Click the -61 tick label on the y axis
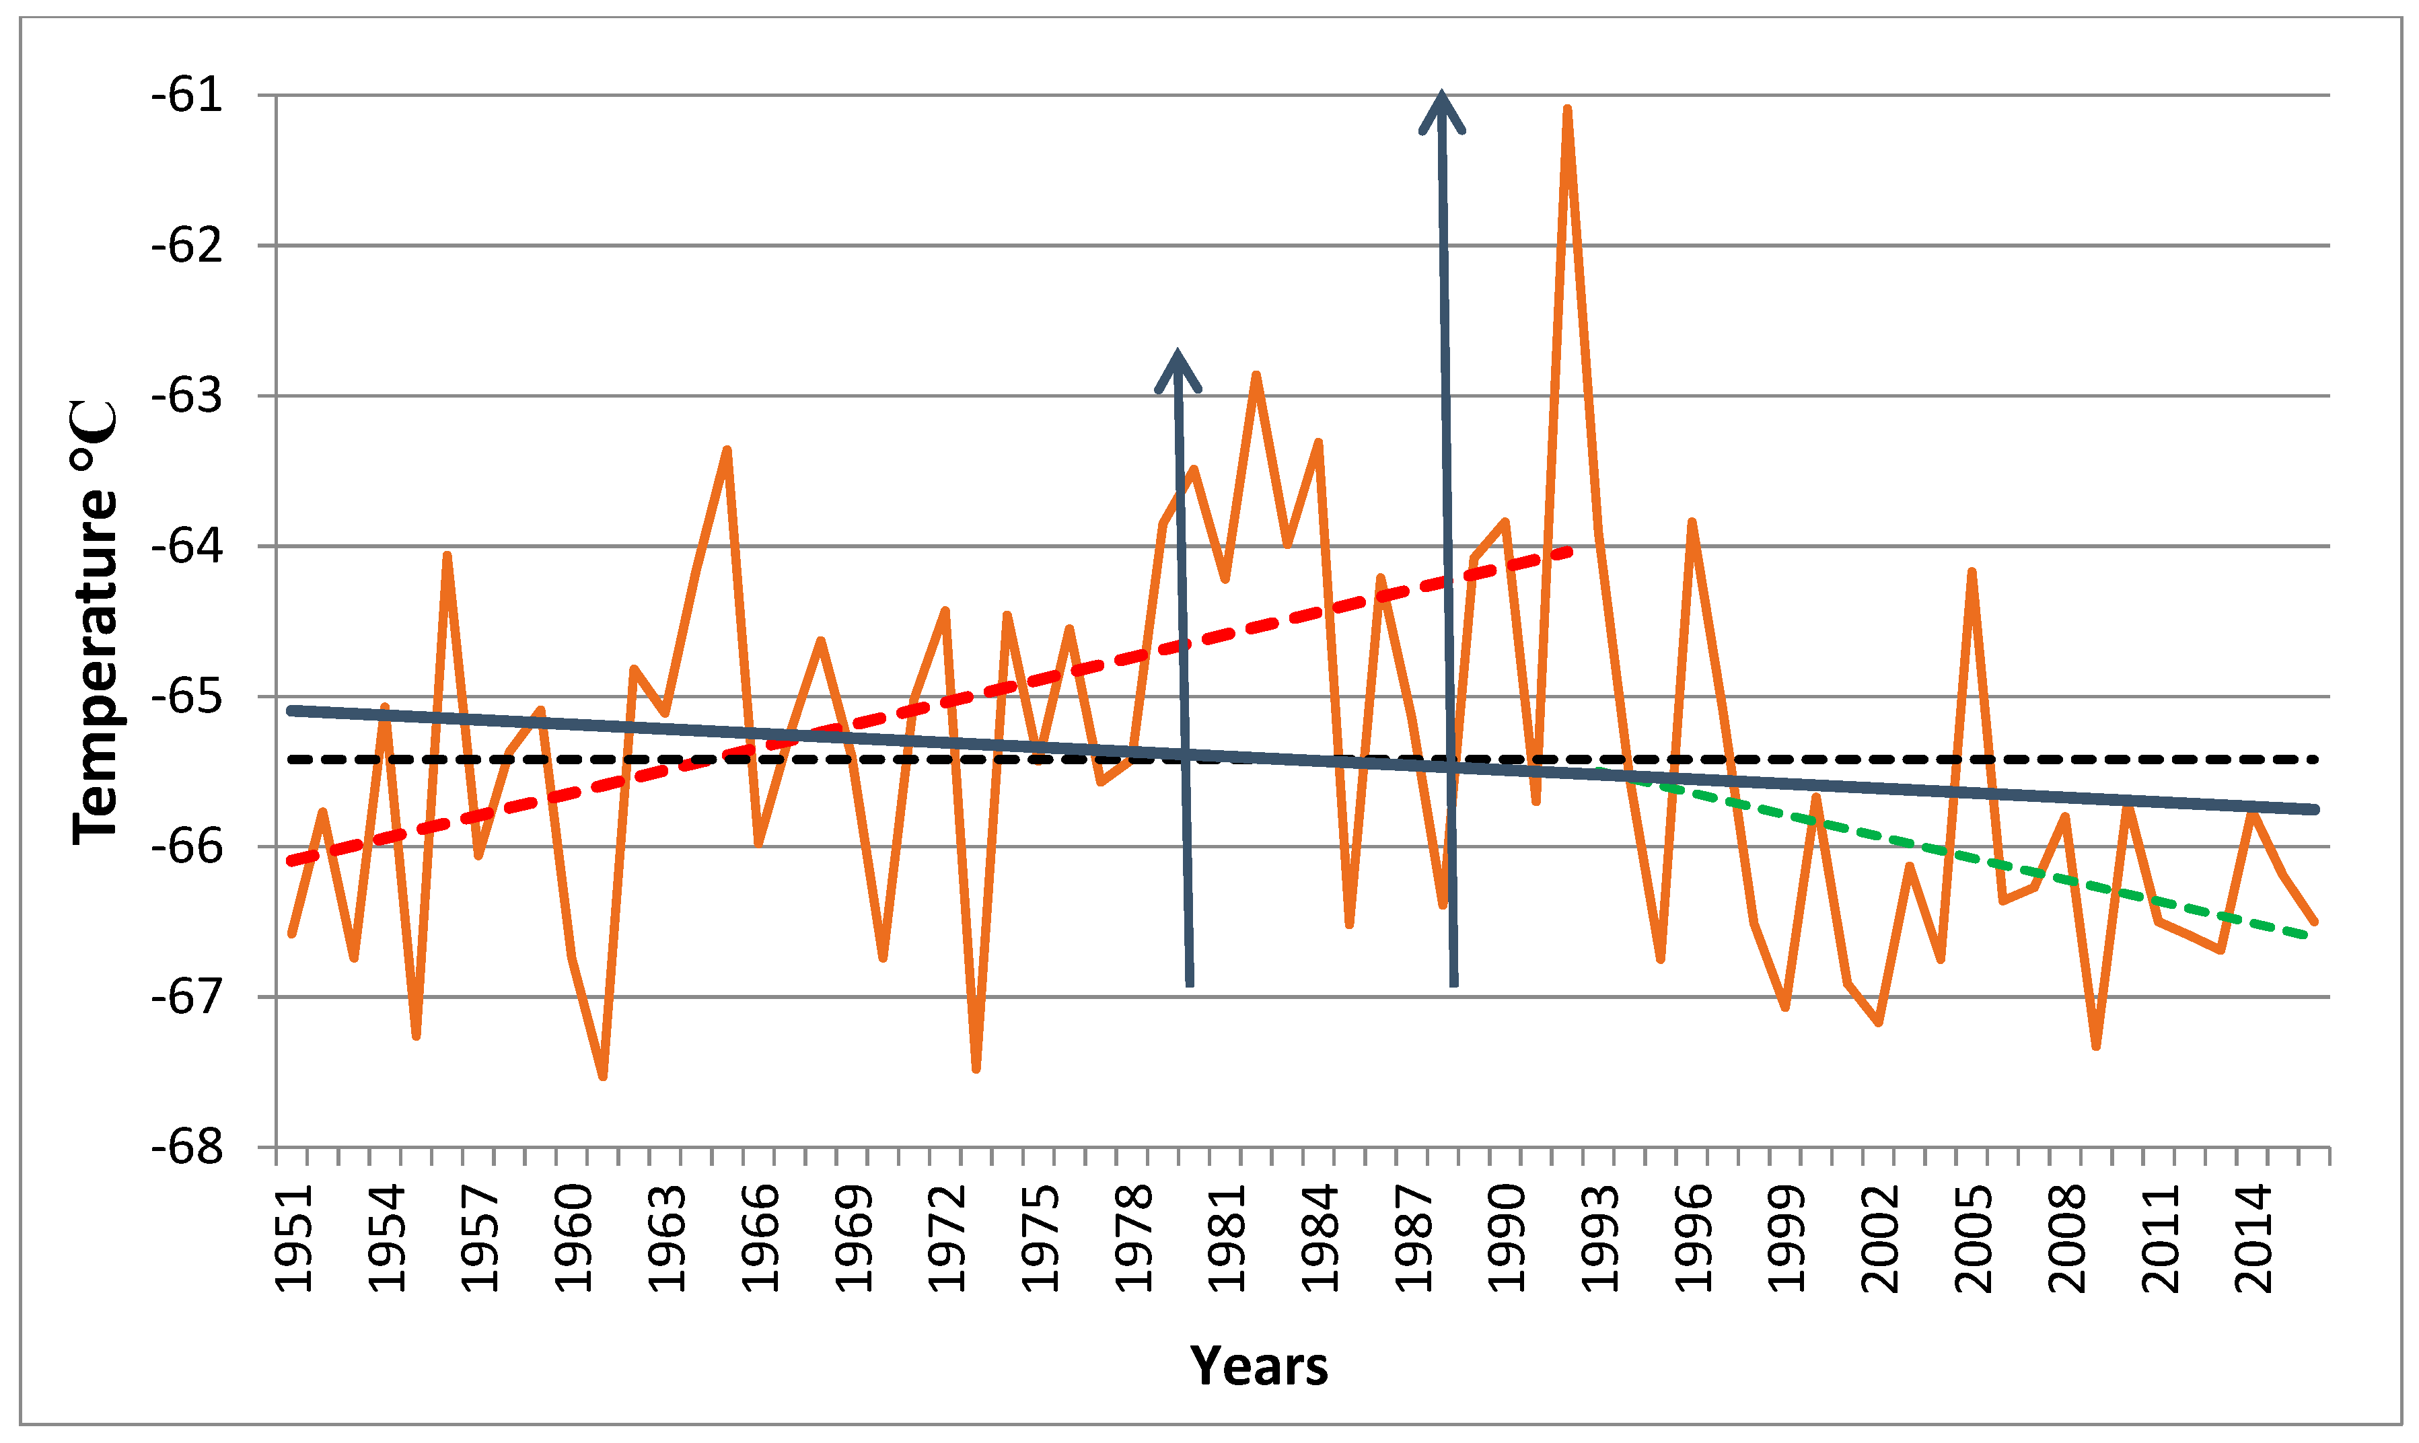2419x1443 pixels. point(186,96)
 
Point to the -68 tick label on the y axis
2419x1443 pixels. point(186,1148)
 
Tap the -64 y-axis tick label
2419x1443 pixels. point(186,546)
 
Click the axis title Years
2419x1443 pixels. point(1258,1366)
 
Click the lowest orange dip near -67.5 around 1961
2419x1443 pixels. point(603,1076)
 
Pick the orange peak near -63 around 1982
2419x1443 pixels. point(1256,376)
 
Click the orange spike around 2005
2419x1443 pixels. point(1972,572)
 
